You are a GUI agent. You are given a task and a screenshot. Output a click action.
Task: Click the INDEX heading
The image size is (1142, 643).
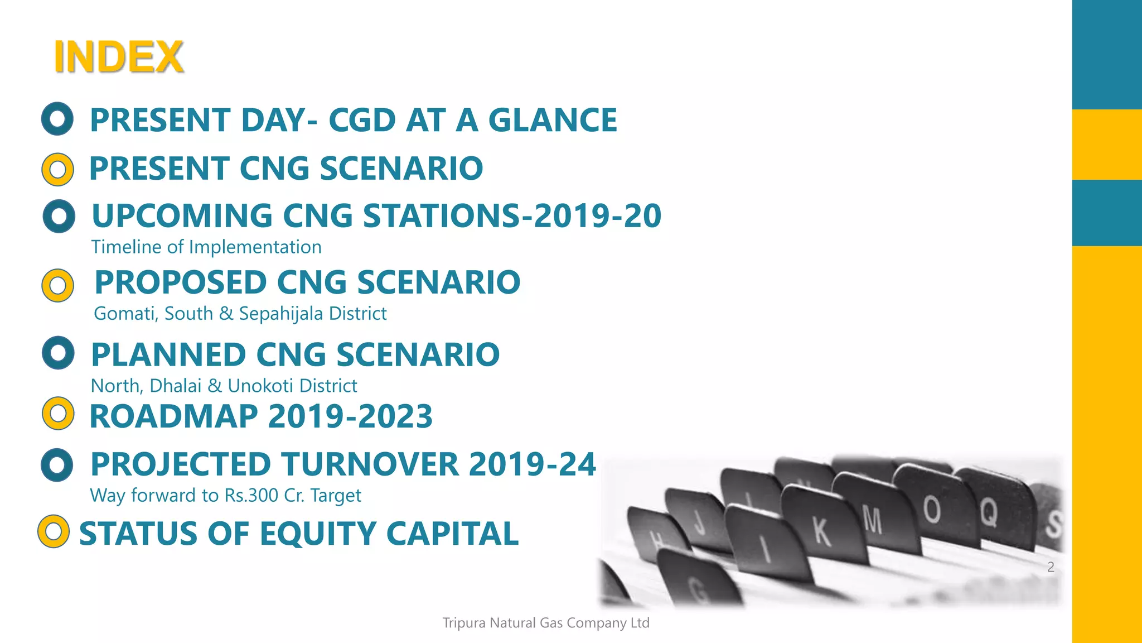[118, 57]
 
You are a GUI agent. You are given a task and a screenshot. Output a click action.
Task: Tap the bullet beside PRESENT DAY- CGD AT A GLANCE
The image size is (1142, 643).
[57, 119]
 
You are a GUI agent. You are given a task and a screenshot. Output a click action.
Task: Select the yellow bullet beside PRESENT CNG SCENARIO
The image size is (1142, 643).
[57, 169]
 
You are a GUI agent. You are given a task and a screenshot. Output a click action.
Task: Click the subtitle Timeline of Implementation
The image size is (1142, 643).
[206, 247]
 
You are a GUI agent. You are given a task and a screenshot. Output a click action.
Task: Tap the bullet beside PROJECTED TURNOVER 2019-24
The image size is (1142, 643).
[57, 464]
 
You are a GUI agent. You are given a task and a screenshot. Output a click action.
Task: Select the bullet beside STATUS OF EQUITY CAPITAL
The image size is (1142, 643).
[54, 531]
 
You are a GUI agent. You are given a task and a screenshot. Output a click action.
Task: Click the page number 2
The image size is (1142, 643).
[1051, 567]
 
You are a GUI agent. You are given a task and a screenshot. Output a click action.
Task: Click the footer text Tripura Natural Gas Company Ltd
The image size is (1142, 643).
[546, 623]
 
